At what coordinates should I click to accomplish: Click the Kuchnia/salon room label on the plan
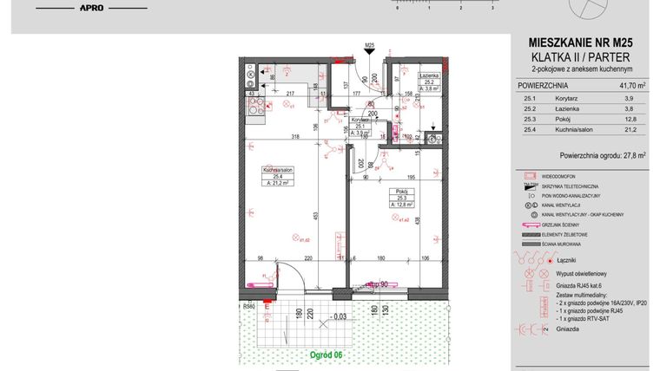(x=277, y=171)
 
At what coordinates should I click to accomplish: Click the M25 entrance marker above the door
(x=369, y=45)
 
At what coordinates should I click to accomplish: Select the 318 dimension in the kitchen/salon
(x=295, y=137)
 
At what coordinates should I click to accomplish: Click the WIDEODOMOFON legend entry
(x=564, y=175)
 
